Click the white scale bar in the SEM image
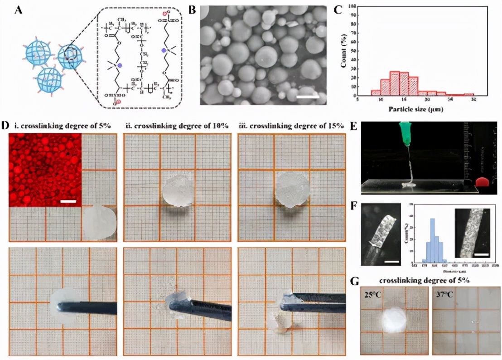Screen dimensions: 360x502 [309, 96]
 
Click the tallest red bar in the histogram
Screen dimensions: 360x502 [394, 83]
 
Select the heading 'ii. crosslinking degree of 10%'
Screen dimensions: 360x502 [176, 126]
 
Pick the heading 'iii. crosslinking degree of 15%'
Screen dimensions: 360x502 [292, 126]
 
